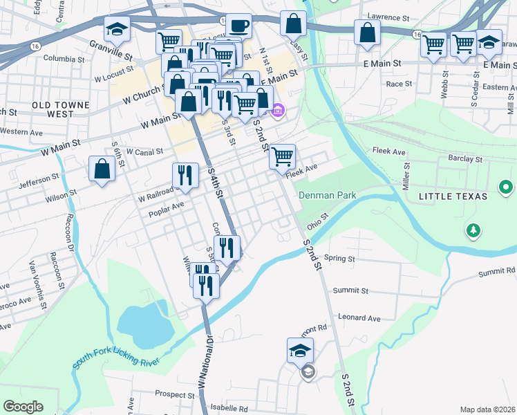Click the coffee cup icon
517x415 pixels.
click(239, 26)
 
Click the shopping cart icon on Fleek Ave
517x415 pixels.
click(282, 157)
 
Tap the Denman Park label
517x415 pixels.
click(327, 196)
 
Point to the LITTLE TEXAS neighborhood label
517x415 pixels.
click(453, 197)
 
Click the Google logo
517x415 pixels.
click(23, 407)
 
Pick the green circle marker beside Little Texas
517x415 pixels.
click(506, 187)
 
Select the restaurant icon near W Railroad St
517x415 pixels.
click(185, 175)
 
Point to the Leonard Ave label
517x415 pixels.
click(359, 318)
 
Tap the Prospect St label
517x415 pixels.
click(176, 394)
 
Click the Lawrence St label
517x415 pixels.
click(389, 15)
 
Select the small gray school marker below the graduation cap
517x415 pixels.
click(307, 372)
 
